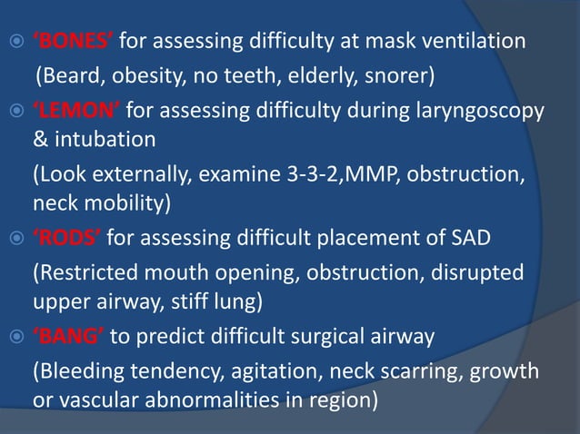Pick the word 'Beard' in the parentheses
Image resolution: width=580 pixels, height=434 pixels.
pyautogui.click(x=67, y=73)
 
